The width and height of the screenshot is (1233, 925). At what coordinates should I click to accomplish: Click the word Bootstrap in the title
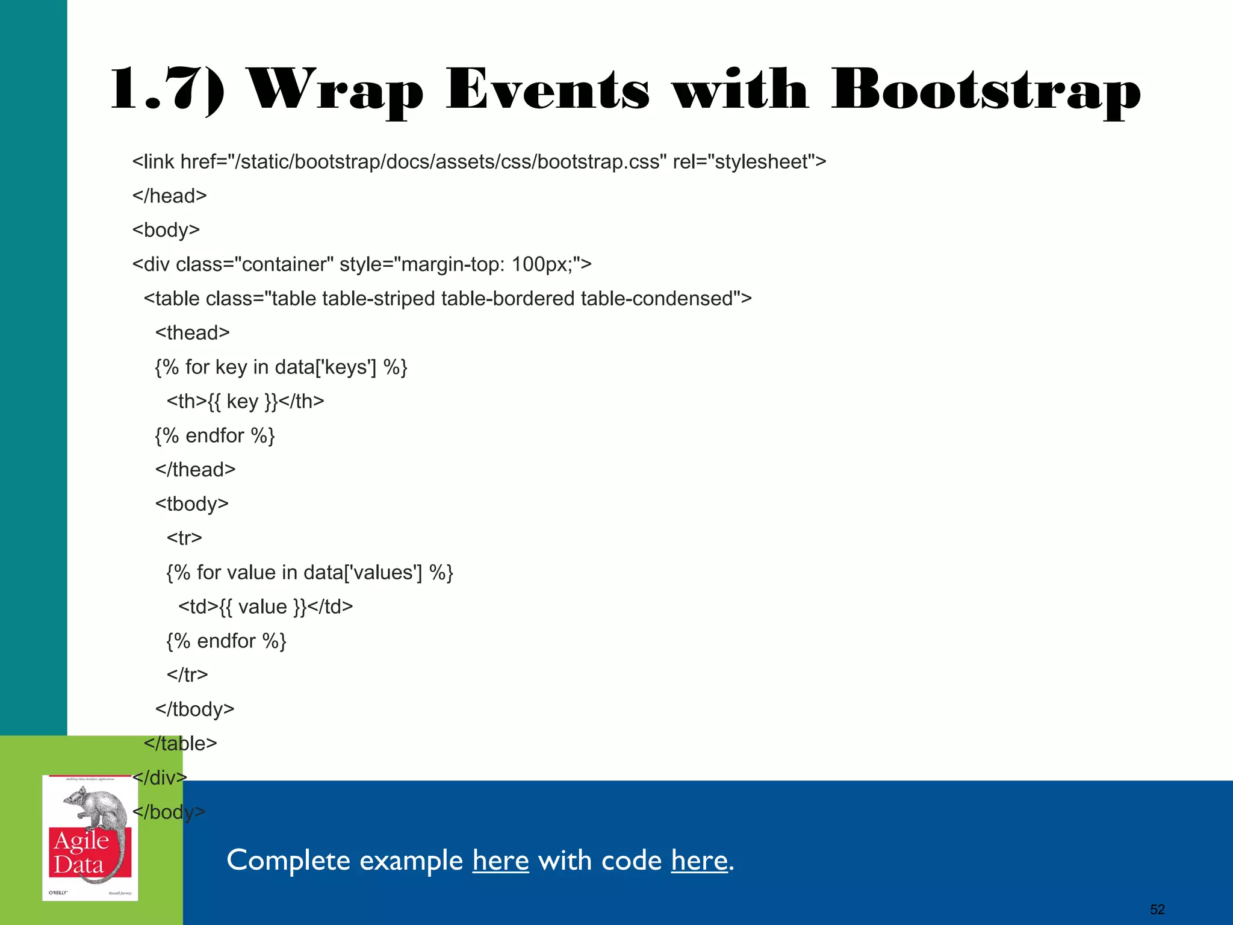986,90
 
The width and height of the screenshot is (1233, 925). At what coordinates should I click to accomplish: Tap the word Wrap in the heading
336,90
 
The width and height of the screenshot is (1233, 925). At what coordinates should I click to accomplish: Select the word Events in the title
548,90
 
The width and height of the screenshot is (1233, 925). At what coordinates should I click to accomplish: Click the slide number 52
1157,909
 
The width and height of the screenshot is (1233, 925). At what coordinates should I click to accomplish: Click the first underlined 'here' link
500,860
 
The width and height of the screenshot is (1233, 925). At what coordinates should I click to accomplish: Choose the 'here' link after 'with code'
699,860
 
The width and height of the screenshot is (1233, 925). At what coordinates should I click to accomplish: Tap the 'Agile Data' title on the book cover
81,853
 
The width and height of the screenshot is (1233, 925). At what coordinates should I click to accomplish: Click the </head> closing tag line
170,196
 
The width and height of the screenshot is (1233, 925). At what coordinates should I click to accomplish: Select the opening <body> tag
166,230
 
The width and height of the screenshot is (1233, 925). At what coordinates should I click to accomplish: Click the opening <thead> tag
193,332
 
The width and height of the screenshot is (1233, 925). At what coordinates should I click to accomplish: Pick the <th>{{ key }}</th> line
246,401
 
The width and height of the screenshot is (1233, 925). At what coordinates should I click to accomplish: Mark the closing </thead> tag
195,469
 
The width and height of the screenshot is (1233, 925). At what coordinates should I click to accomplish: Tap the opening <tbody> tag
192,503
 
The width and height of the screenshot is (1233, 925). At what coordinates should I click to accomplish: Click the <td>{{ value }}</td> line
266,606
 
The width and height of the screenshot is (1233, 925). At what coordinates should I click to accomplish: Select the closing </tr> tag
187,674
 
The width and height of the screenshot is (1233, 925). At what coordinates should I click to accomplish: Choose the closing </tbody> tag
194,709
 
